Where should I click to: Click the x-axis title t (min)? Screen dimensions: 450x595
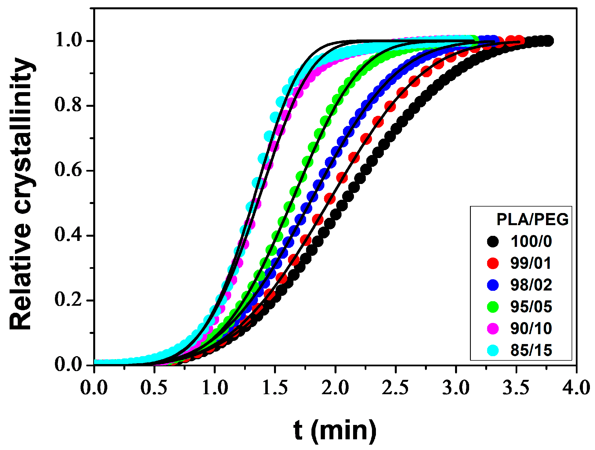coord(335,430)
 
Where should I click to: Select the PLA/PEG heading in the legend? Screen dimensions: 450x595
coord(532,220)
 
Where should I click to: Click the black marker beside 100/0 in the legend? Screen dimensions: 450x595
coord(493,241)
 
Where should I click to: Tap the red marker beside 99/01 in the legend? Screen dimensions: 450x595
coord(493,263)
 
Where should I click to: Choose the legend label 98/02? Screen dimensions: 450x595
coord(531,285)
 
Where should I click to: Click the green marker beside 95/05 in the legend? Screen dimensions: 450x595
coord(493,307)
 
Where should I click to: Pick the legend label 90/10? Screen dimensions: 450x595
coord(531,329)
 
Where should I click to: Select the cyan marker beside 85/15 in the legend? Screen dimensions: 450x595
coord(493,351)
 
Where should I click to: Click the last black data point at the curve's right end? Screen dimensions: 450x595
coord(548,41)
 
